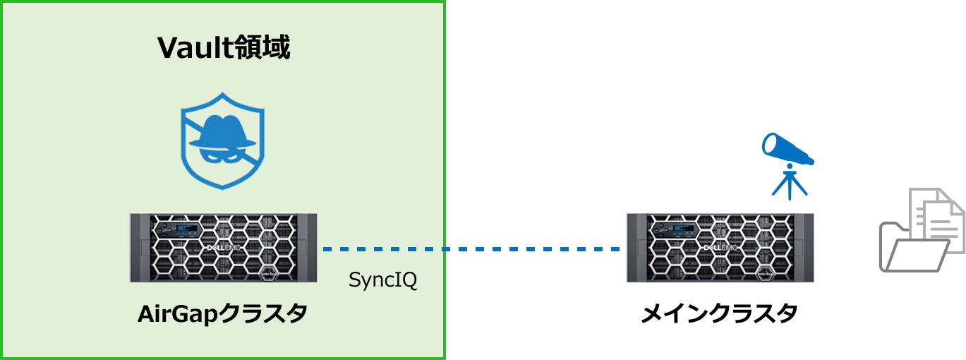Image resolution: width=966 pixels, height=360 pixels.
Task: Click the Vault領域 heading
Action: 224,47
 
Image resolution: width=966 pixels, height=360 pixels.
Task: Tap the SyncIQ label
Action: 382,280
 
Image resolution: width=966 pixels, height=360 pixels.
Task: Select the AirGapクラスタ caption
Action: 222,313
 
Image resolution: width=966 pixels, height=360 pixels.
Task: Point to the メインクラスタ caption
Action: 719,313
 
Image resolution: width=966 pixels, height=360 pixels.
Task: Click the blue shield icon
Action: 222,140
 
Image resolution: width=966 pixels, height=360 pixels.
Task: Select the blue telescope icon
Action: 788,166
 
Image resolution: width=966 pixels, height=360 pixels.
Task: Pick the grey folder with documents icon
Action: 922,230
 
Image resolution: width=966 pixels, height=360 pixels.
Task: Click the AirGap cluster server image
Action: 224,248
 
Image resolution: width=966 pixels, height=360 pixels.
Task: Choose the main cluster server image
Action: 720,248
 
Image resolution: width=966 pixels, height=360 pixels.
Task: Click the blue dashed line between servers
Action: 471,249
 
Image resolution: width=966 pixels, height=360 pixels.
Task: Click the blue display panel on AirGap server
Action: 188,228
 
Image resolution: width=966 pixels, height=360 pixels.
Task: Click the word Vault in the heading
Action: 191,47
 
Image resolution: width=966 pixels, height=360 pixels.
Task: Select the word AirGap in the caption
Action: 177,314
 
